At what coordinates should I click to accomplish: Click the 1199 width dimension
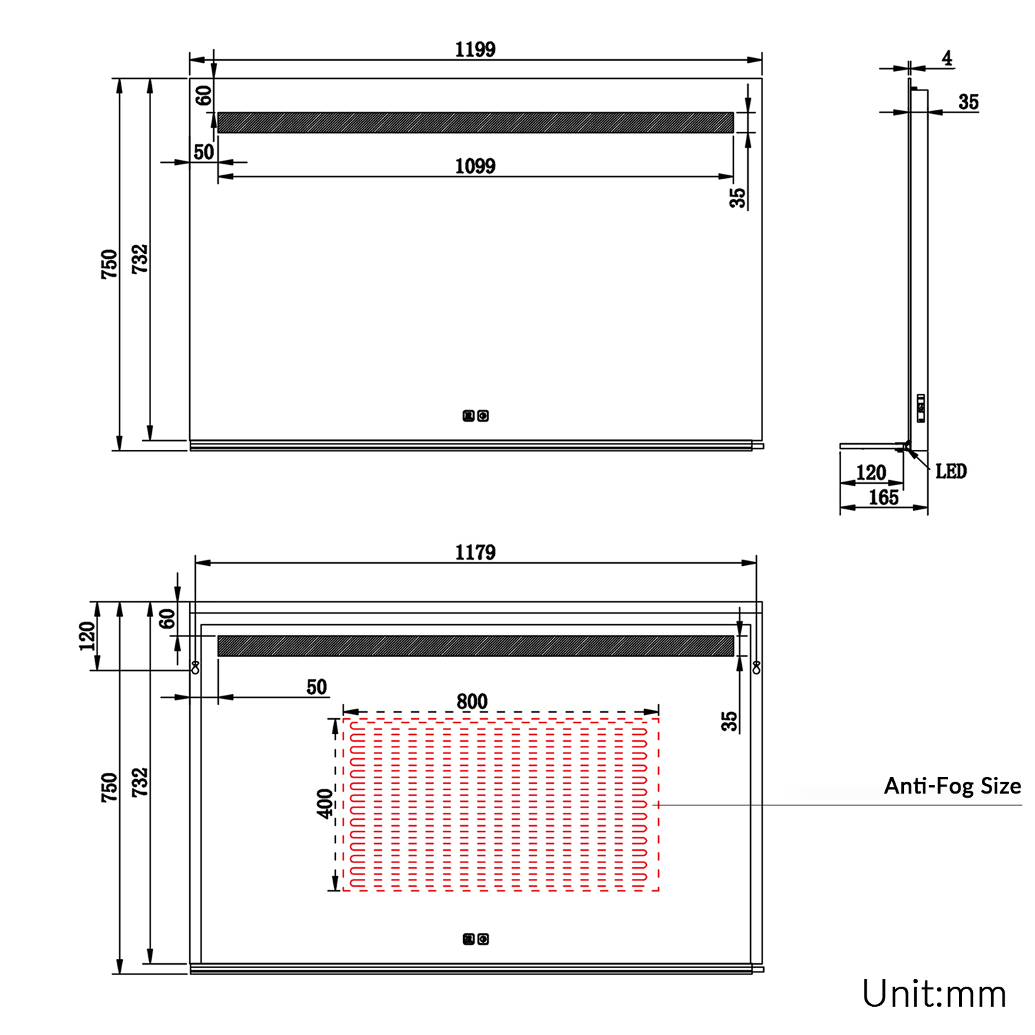(x=475, y=50)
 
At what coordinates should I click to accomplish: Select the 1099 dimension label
(x=475, y=166)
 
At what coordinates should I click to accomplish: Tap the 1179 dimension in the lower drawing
(x=475, y=553)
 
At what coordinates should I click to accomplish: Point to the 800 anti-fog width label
(x=472, y=702)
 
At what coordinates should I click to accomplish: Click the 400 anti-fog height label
(x=325, y=804)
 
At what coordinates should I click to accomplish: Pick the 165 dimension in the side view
(x=883, y=497)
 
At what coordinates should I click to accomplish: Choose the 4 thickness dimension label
(x=947, y=59)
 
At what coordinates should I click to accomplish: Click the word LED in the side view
(x=951, y=471)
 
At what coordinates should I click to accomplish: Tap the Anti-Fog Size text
(x=952, y=786)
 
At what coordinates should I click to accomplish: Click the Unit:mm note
(x=934, y=994)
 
